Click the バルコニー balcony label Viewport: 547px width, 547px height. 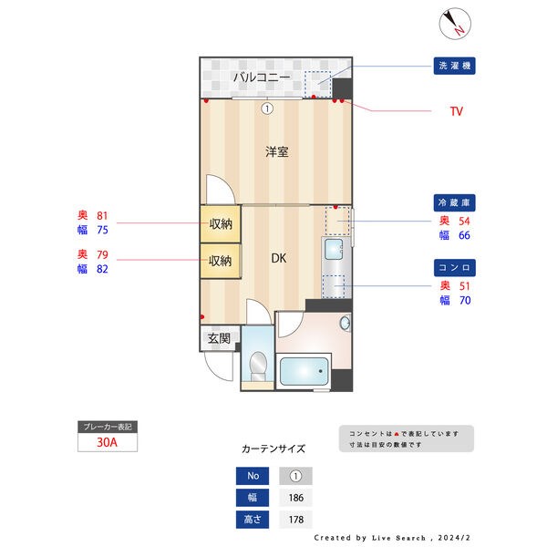pos(262,78)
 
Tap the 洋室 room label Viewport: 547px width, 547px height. pos(277,152)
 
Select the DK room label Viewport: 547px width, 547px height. pos(280,258)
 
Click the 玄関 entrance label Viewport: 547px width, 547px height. pos(219,339)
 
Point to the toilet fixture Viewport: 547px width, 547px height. pos(258,366)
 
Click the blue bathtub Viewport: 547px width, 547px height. pos(304,373)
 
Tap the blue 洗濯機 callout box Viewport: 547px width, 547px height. pos(455,66)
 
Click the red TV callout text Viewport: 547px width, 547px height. pos(456,111)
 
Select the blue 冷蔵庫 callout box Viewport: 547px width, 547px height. pos(455,201)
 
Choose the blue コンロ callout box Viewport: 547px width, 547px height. pos(455,268)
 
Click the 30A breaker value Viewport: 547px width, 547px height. pos(108,443)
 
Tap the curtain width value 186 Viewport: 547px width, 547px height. pos(295,498)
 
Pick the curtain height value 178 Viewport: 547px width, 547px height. pos(295,520)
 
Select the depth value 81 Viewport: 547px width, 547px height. pos(102,215)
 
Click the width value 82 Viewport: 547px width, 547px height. pos(102,269)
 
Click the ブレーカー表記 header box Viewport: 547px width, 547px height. pos(108,427)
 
